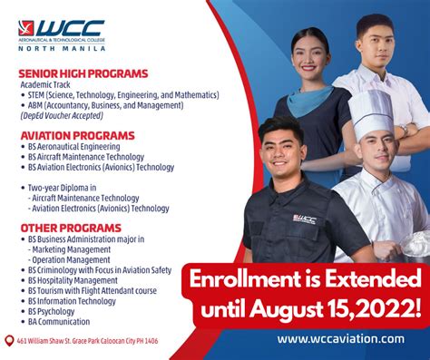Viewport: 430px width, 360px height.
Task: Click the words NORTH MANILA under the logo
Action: point(61,54)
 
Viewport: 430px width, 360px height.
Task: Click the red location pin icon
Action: point(9,342)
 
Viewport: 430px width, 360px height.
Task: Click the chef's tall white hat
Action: point(370,112)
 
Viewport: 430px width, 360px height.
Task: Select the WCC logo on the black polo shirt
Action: point(304,218)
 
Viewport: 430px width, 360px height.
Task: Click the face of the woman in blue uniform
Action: point(308,54)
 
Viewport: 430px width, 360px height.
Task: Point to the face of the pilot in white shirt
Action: point(375,40)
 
